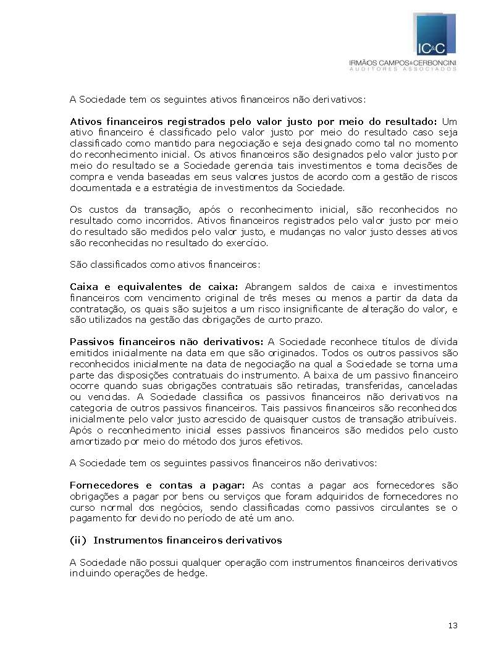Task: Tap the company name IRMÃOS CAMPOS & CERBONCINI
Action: tap(403, 62)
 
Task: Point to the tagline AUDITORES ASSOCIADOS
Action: tap(403, 69)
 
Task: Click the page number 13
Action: tap(453, 626)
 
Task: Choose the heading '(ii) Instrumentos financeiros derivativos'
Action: tap(175, 540)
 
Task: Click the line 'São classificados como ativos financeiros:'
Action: tap(165, 265)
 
